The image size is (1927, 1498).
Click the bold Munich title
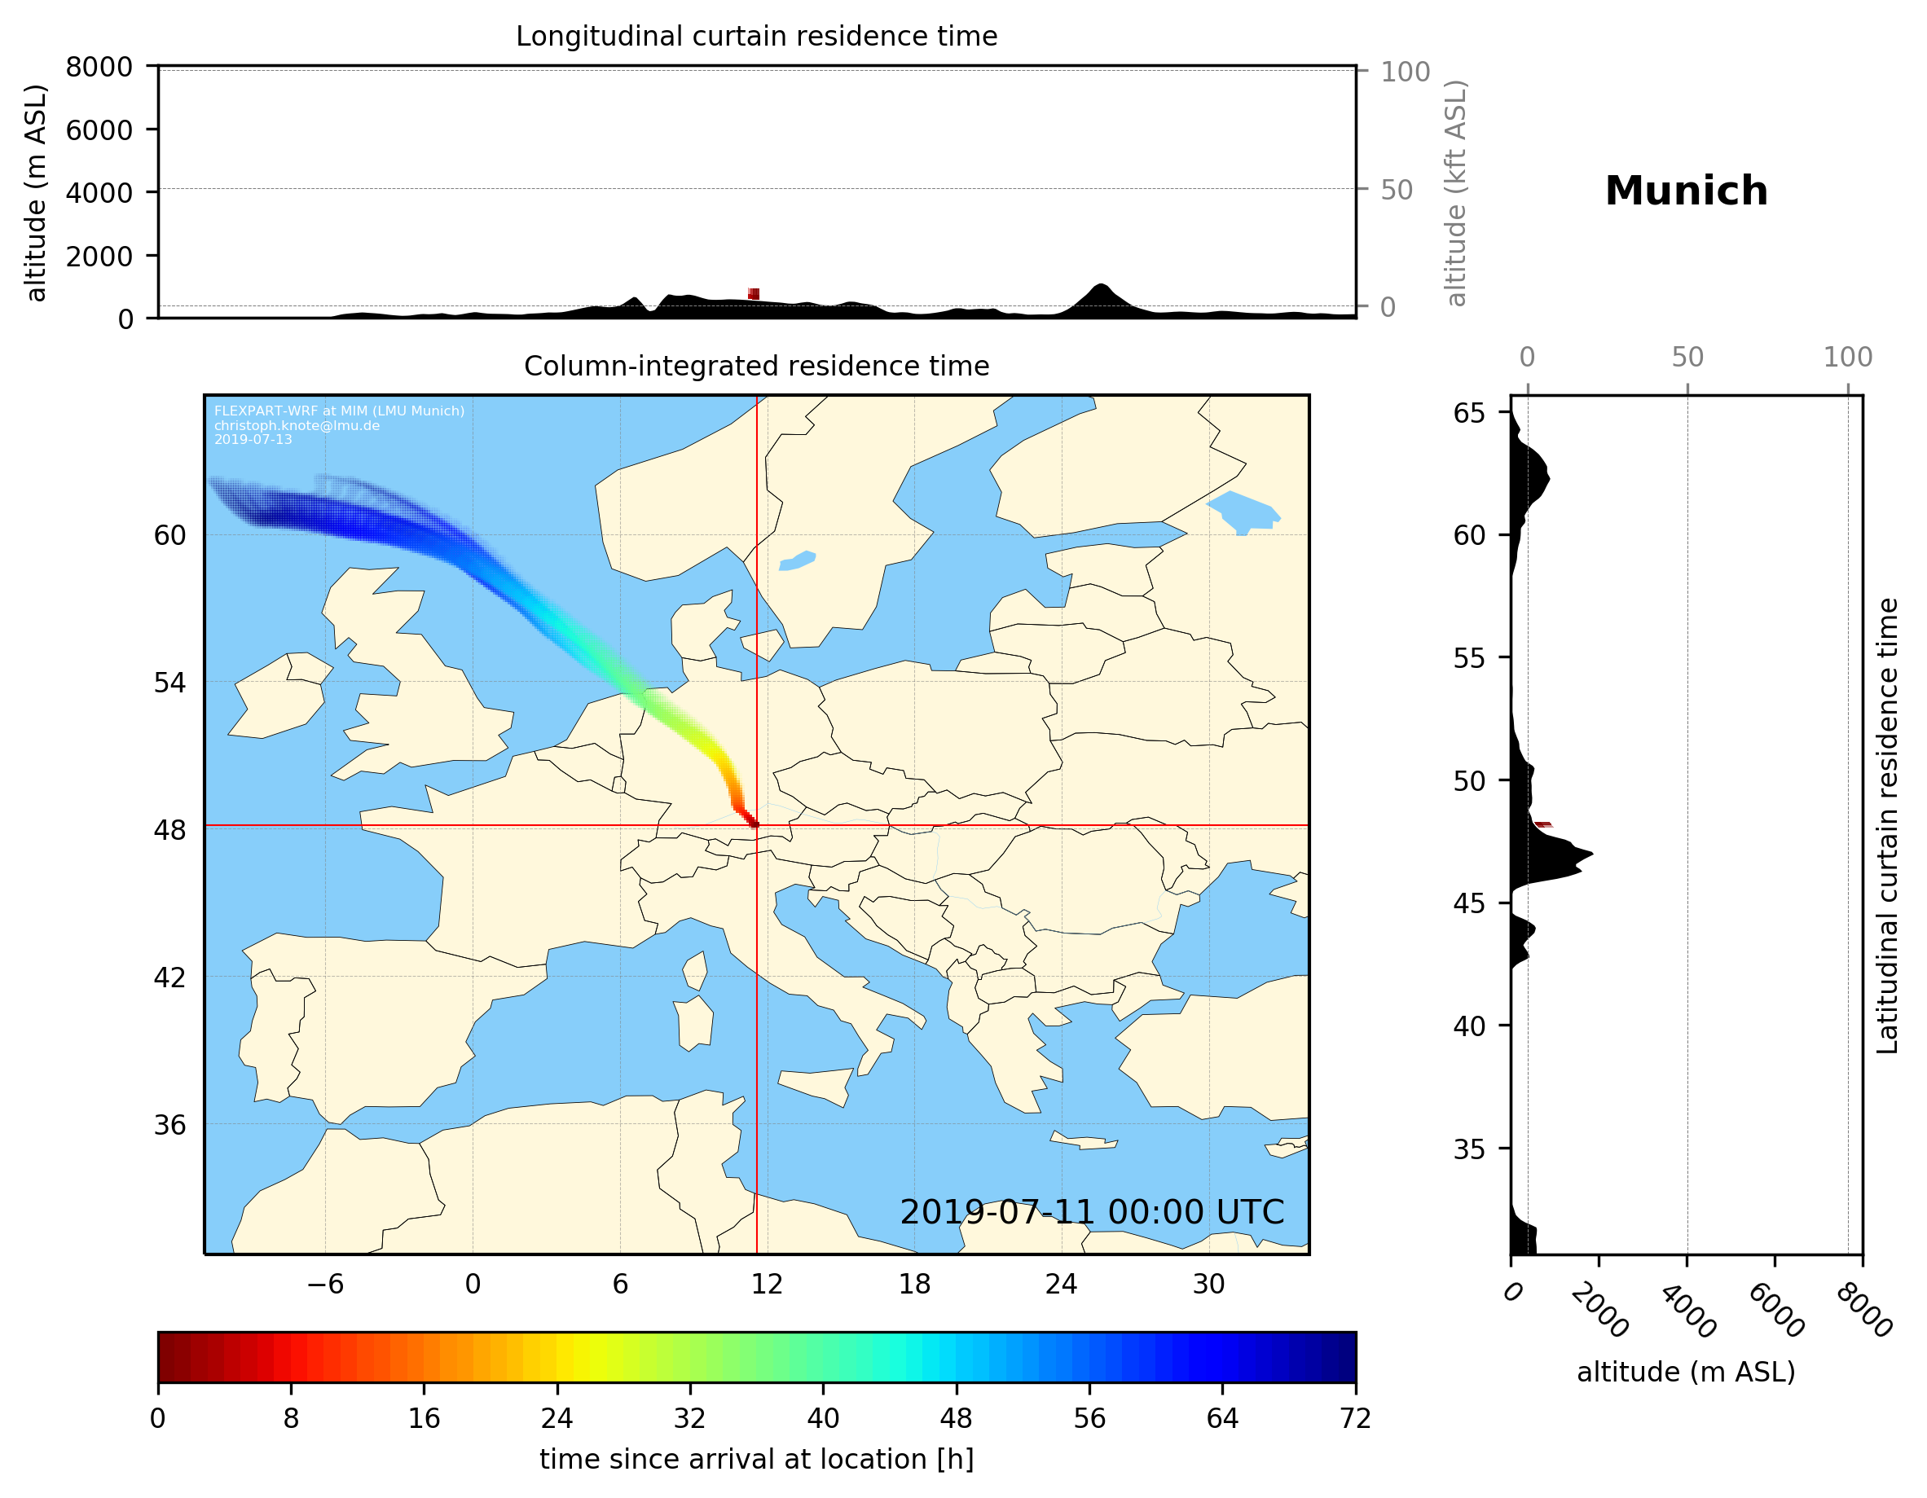1685,191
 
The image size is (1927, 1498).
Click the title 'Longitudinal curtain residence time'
756,36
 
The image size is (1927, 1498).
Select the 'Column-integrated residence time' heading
756,366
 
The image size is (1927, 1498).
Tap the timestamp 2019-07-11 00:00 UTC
1092,1212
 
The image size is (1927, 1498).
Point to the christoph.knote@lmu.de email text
297,425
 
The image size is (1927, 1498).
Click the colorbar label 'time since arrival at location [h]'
756,1459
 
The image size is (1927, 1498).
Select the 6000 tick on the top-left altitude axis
99,130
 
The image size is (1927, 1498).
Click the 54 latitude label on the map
170,683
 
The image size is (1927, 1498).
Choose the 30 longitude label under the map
1208,1284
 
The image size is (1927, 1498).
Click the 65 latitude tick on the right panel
1469,413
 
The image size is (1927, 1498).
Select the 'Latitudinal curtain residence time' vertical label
1886,825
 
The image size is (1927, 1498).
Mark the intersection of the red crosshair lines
756,826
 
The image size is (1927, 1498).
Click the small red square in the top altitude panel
754,294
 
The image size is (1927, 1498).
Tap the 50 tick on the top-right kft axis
1396,190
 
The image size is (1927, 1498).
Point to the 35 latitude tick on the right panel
1469,1149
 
